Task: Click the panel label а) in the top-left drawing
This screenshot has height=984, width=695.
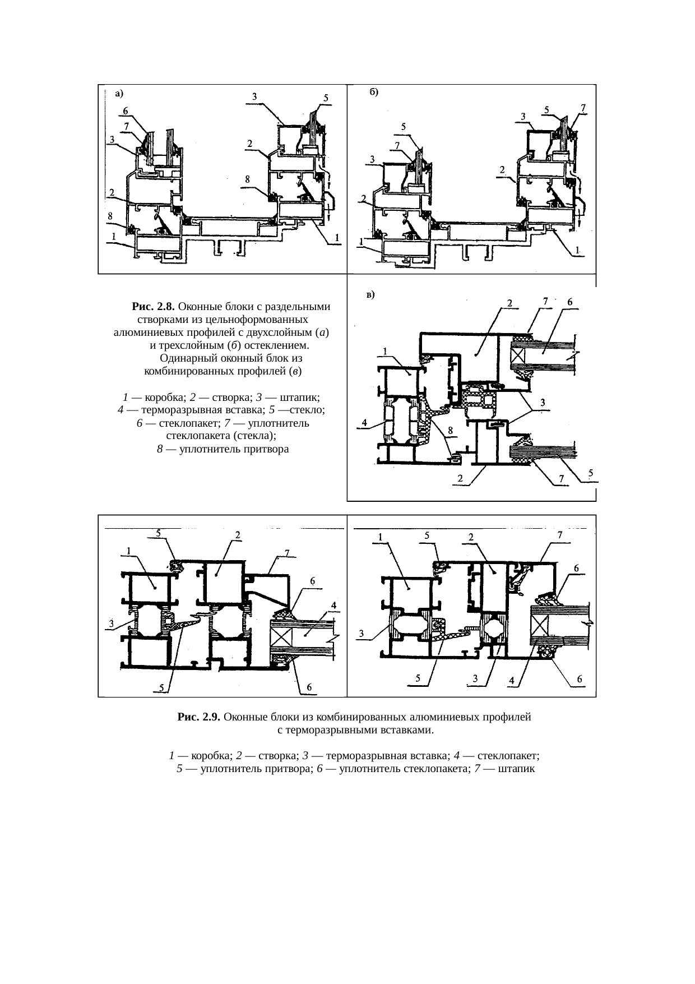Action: pyautogui.click(x=119, y=94)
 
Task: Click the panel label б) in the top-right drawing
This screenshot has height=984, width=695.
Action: pyautogui.click(x=374, y=92)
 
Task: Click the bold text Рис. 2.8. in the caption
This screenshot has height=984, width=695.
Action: pyautogui.click(x=154, y=307)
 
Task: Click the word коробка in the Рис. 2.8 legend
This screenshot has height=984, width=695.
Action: pyautogui.click(x=165, y=398)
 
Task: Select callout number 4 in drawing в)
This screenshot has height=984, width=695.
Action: pyautogui.click(x=365, y=423)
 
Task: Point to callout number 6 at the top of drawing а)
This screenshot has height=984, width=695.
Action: pyautogui.click(x=125, y=111)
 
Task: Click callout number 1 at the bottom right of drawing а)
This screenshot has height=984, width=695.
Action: pyautogui.click(x=336, y=237)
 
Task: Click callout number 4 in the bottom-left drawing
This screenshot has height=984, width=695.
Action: pyautogui.click(x=333, y=605)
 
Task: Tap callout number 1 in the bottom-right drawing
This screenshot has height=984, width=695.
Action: pyautogui.click(x=380, y=537)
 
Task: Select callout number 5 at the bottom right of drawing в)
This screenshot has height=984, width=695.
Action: pyautogui.click(x=591, y=473)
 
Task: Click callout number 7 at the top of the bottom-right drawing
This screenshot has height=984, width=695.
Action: pyautogui.click(x=560, y=535)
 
